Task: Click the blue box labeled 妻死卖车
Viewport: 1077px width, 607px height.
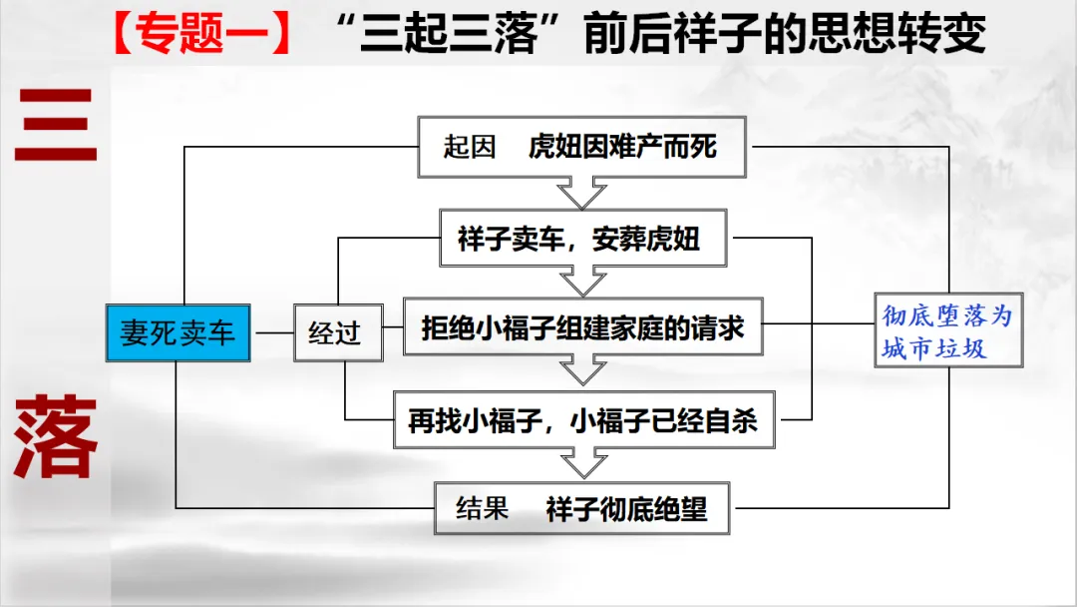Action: click(178, 332)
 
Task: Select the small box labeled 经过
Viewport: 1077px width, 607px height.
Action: click(338, 332)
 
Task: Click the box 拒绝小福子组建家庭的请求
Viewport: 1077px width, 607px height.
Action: click(582, 326)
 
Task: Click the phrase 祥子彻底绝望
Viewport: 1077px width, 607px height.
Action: click(626, 508)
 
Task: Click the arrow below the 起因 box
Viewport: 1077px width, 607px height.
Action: click(582, 193)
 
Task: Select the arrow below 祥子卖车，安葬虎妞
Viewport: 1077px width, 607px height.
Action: click(582, 282)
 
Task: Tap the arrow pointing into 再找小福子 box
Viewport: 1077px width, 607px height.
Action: click(582, 371)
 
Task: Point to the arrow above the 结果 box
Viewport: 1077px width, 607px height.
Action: click(582, 464)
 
